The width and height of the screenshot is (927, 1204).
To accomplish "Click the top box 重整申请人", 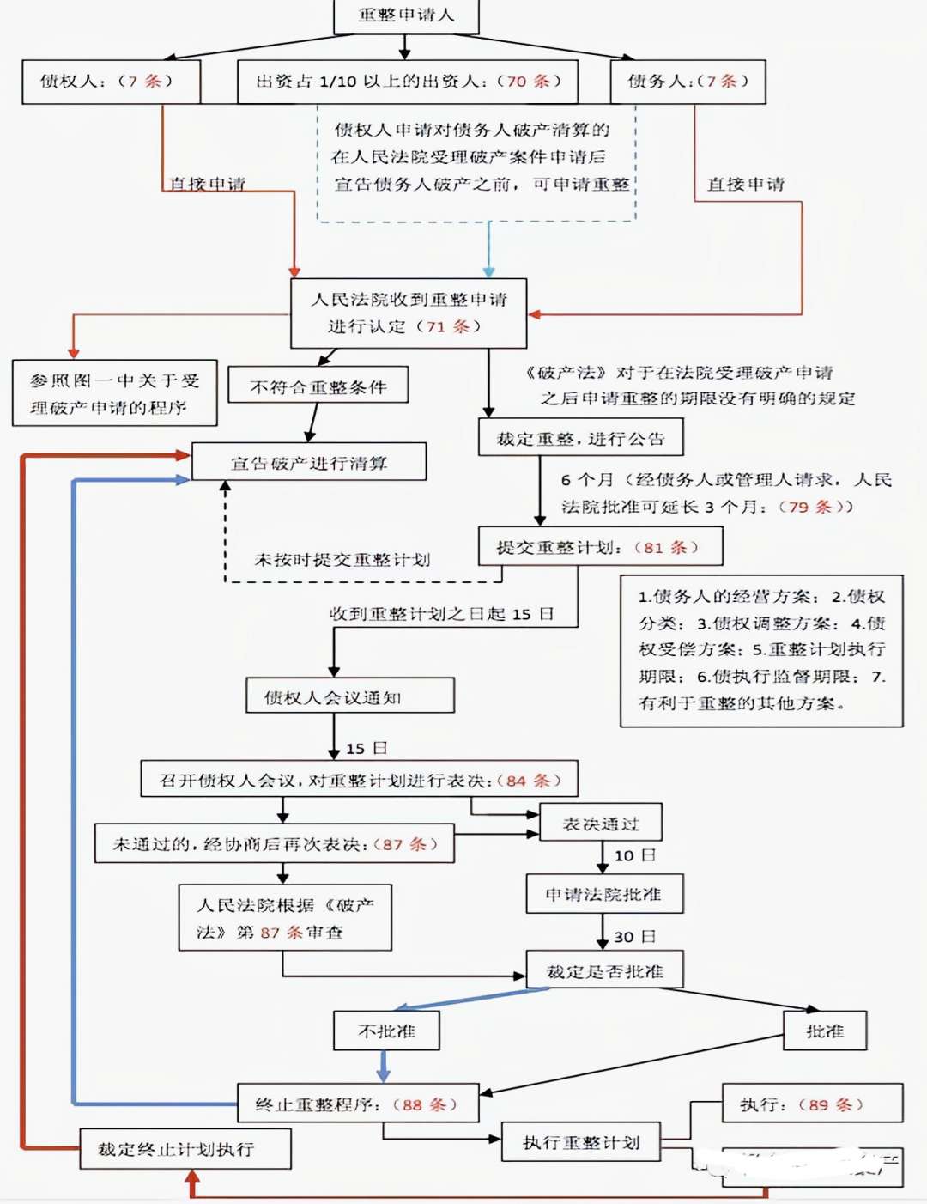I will pyautogui.click(x=406, y=15).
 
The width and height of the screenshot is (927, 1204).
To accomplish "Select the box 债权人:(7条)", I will pyautogui.click(x=111, y=82).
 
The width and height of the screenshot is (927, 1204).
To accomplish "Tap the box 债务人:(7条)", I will pyautogui.click(x=688, y=82).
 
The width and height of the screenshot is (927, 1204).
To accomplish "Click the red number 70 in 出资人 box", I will pyautogui.click(x=517, y=82).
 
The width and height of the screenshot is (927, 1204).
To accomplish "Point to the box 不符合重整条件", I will pyautogui.click(x=318, y=387).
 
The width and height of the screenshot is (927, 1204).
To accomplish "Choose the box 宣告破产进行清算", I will pyautogui.click(x=309, y=463).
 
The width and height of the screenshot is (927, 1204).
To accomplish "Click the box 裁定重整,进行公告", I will pyautogui.click(x=580, y=439).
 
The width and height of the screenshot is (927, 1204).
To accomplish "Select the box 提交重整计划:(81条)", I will pyautogui.click(x=600, y=547).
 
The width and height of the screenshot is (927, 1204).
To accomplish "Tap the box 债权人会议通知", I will pyautogui.click(x=349, y=697).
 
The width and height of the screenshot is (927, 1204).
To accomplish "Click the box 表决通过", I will pyautogui.click(x=600, y=824).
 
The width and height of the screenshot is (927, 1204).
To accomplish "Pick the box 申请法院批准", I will pyautogui.click(x=603, y=895).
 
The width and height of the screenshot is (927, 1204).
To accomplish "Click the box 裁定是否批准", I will pyautogui.click(x=604, y=971).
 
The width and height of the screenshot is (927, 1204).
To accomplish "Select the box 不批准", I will pyautogui.click(x=386, y=1031).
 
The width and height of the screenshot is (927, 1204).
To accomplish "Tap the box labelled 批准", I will pyautogui.click(x=824, y=1031).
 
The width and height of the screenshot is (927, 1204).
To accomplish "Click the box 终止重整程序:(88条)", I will pyautogui.click(x=357, y=1104).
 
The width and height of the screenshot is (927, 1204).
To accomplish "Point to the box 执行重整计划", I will pyautogui.click(x=581, y=1142).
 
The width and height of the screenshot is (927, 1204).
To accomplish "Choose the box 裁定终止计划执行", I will pyautogui.click(x=185, y=1149).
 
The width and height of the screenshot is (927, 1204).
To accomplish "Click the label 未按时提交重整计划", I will pyautogui.click(x=342, y=560).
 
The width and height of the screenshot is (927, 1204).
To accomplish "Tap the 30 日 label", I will pyautogui.click(x=634, y=937).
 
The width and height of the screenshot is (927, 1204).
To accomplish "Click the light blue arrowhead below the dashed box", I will pyautogui.click(x=488, y=271).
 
